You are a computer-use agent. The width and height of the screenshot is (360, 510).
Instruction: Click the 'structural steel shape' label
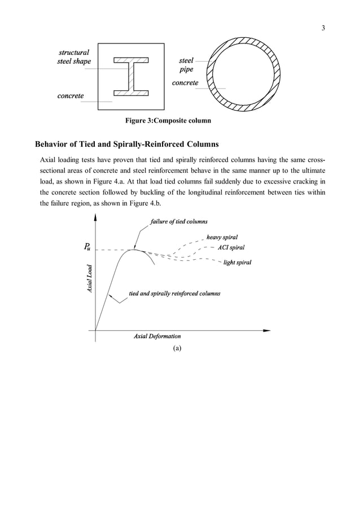(74, 57)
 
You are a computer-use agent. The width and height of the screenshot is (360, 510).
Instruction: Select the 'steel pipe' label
(186, 65)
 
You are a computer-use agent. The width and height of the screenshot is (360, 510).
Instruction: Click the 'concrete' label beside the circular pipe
(185, 83)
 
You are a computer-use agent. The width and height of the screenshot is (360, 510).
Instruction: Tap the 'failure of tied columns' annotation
(179, 221)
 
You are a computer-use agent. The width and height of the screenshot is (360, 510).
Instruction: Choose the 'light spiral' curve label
(238, 263)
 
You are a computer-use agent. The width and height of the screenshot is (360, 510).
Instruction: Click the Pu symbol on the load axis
(87, 247)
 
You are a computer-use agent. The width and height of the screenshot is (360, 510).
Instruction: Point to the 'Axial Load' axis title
(89, 280)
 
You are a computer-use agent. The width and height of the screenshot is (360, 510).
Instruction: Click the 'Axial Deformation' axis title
(157, 337)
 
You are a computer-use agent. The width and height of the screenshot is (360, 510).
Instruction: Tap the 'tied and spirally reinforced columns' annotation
(174, 294)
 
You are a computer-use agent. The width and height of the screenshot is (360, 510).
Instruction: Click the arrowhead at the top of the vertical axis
(96, 217)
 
